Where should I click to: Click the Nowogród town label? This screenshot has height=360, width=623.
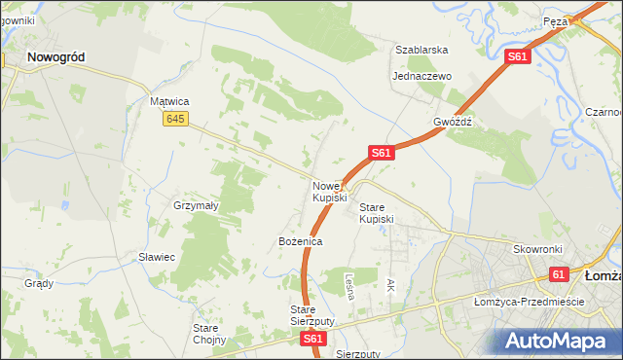55,57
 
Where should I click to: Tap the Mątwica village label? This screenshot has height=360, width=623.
168,101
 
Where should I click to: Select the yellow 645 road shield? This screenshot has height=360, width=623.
175,119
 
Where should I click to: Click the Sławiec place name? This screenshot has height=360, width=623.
156,257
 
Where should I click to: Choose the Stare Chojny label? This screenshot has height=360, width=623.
209,334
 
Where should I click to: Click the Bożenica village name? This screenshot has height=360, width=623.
300,240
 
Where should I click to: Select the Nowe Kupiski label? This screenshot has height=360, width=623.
329,192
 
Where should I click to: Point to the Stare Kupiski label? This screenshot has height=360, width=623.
377,213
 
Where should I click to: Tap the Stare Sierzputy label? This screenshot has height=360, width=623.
311,315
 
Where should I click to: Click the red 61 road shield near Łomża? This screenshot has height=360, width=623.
559,275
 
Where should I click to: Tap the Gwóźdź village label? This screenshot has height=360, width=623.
453,123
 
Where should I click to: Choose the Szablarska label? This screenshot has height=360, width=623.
421,49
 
